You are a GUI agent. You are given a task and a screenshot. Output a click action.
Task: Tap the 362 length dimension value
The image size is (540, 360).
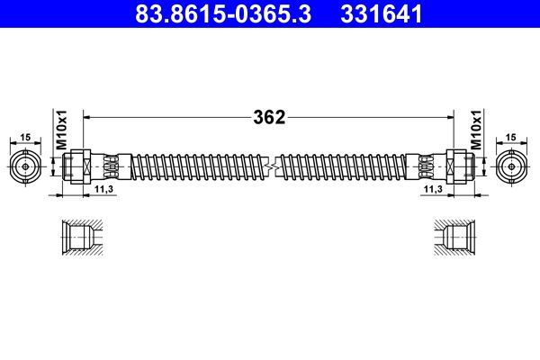click(269, 116)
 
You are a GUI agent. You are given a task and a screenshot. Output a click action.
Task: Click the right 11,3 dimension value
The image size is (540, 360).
click(432, 190)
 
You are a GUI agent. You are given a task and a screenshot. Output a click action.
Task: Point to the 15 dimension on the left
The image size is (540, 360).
click(26, 136)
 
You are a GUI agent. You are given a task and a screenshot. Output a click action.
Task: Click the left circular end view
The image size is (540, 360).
click(26, 166)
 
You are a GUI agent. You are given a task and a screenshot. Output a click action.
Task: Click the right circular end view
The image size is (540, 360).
click(513, 166)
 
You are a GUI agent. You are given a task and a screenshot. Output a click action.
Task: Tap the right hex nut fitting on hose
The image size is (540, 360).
click(456, 166)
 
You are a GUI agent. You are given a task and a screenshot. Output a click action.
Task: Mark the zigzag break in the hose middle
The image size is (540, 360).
click(269, 166)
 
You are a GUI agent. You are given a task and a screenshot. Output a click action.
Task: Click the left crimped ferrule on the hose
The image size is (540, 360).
click(107, 166)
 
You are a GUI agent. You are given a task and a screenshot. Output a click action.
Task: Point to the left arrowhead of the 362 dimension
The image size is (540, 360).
click(87, 116)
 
